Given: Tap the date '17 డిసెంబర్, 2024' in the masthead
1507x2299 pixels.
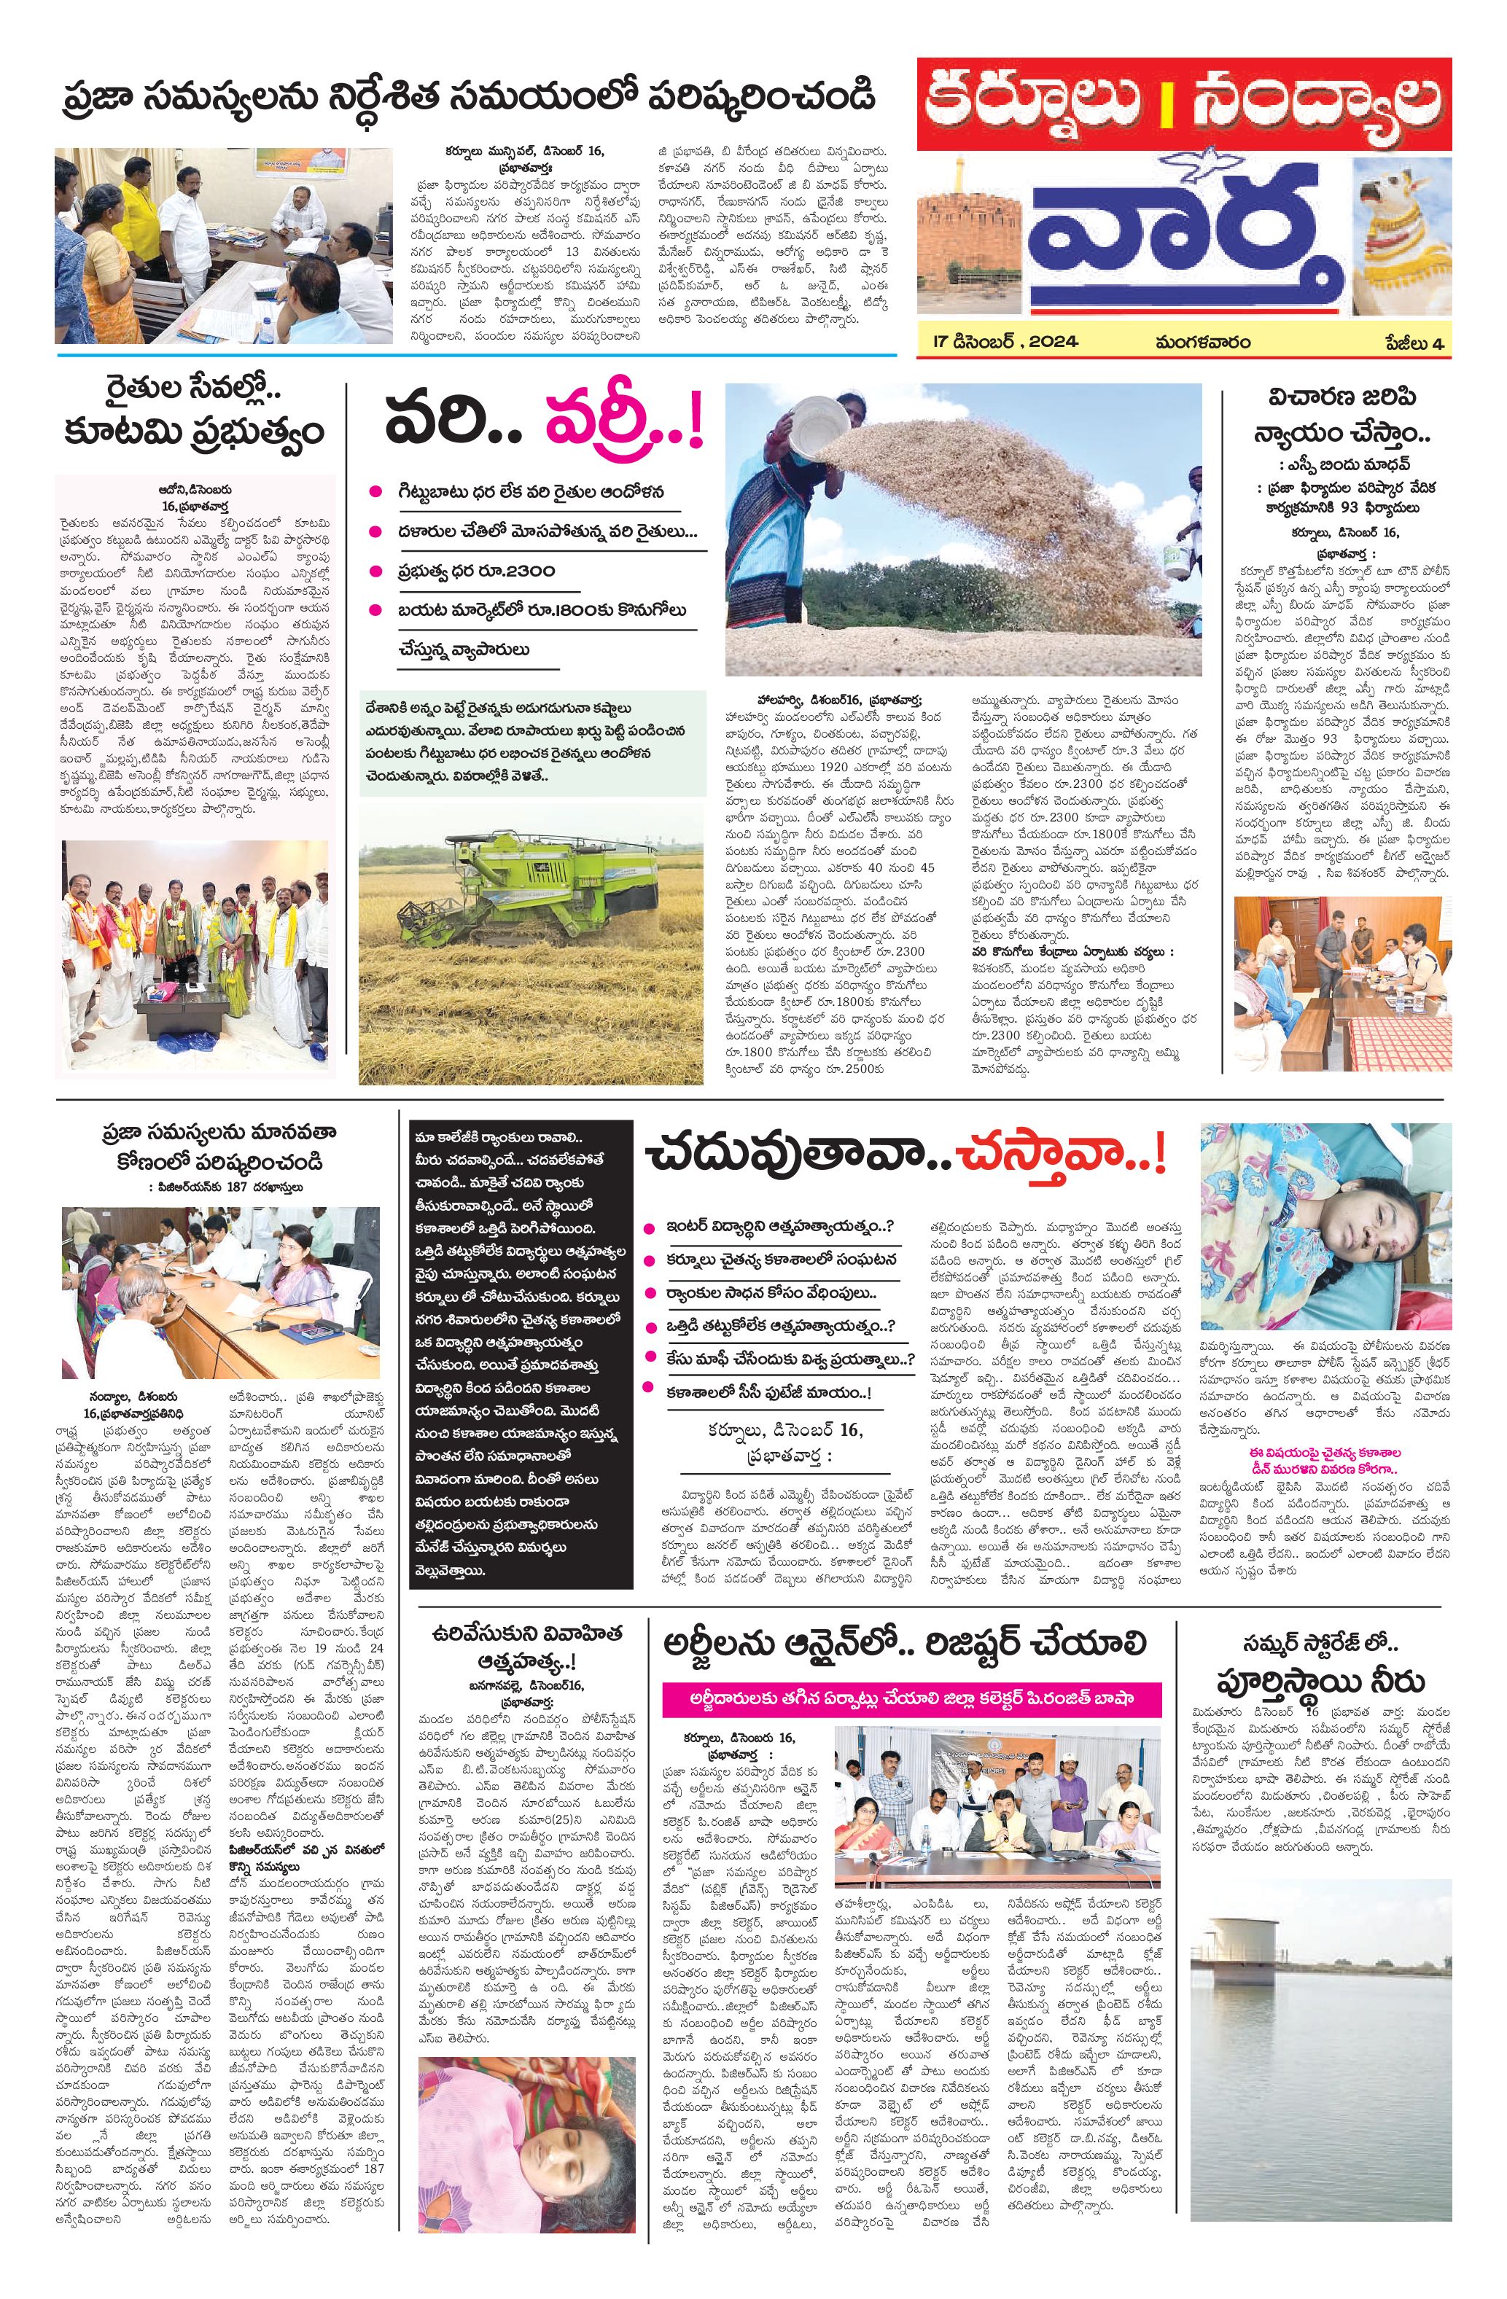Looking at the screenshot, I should [x=1005, y=342].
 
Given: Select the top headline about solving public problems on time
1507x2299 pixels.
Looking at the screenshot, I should [x=464, y=99].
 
